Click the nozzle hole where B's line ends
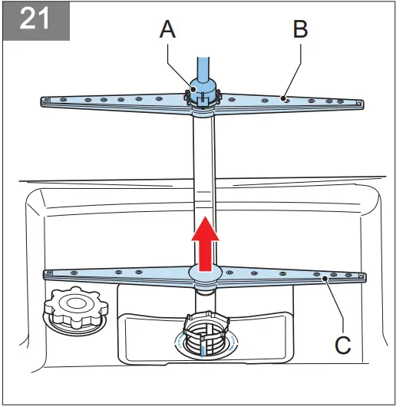pyautogui.click(x=283, y=99)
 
